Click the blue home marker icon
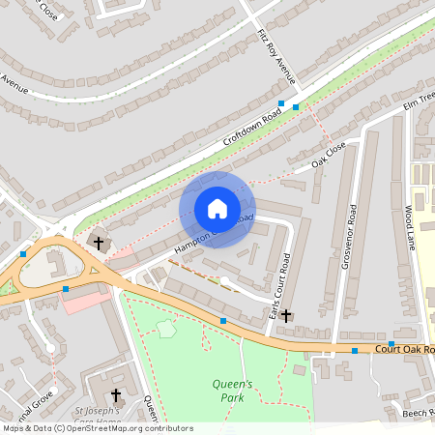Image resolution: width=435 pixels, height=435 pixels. [x=217, y=209]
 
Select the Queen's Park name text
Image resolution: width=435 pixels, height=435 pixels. [x=232, y=390]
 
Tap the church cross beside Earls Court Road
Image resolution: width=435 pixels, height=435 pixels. [x=286, y=315]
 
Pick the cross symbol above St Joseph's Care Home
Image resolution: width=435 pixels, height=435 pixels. [x=116, y=394]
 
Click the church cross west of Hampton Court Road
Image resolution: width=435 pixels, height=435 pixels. [x=98, y=241]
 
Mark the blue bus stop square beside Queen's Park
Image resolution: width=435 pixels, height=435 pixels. [x=223, y=320]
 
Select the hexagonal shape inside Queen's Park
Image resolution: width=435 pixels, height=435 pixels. [x=167, y=328]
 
